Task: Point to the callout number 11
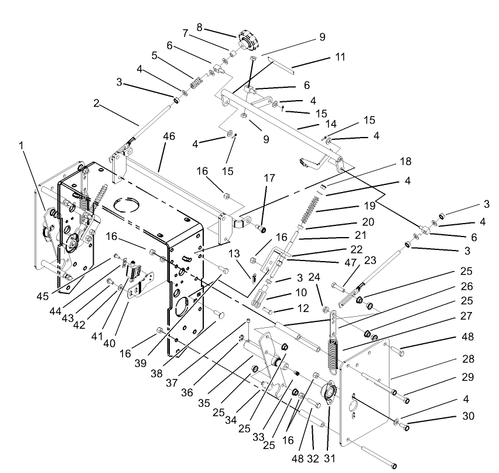click(x=340, y=57)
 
